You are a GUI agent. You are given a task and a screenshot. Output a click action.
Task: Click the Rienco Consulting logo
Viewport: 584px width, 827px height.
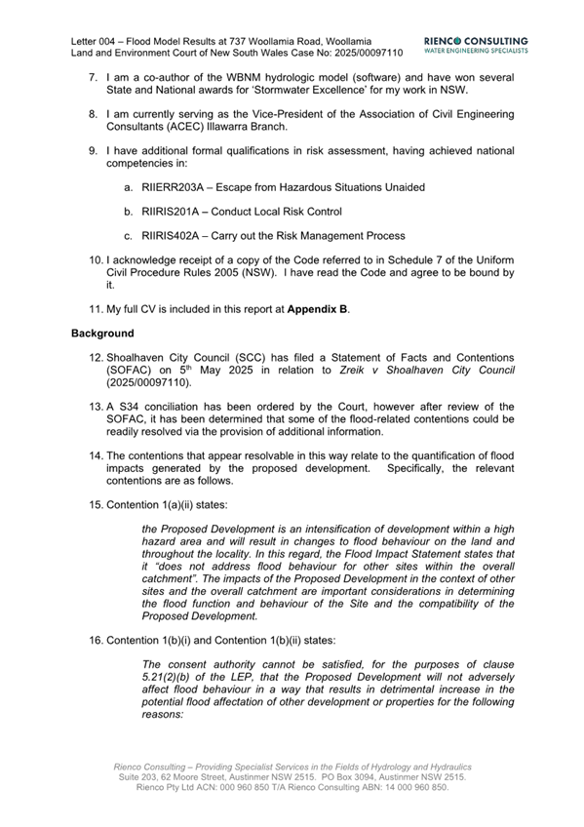click(477, 45)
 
